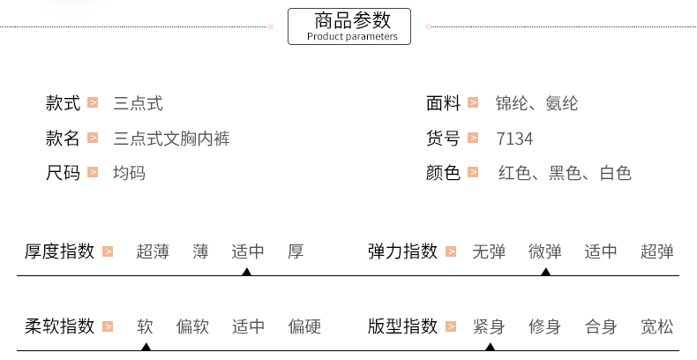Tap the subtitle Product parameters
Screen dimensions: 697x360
[352, 37]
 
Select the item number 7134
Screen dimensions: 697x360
[514, 139]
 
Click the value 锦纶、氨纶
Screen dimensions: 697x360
[536, 104]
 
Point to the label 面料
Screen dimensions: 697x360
[443, 104]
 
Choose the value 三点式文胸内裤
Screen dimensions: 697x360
[172, 139]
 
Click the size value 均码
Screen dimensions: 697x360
[129, 173]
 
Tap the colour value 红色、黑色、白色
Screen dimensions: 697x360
[565, 173]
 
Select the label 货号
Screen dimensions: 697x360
[443, 139]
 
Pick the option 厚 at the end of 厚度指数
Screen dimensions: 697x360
[296, 251]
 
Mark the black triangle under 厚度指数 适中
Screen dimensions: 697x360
[247, 271]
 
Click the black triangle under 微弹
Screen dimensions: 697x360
[545, 271]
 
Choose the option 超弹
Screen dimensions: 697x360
[657, 251]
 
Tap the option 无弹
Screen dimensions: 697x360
[489, 251]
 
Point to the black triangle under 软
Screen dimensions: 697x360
[146, 346]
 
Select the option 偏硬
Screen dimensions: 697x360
[304, 327]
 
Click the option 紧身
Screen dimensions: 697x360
[489, 327]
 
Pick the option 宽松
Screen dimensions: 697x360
[657, 327]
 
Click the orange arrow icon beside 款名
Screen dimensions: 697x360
[92, 139]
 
